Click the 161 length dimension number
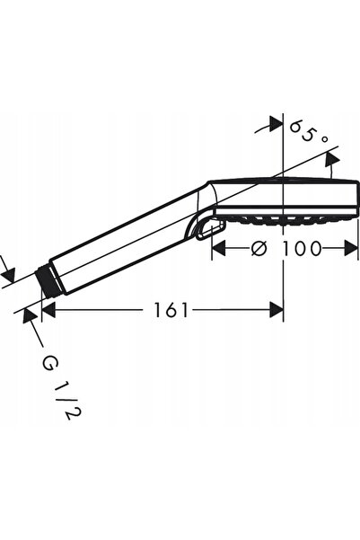pyautogui.click(x=171, y=310)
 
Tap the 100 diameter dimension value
pyautogui.click(x=302, y=248)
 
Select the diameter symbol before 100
pyautogui.click(x=259, y=248)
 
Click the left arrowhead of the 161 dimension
pyautogui.click(x=48, y=310)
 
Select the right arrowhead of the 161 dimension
pyautogui.click(x=277, y=310)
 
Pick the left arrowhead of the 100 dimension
pyautogui.click(x=218, y=248)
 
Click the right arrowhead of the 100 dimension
pyautogui.click(x=351, y=248)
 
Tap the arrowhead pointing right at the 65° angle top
pyautogui.click(x=276, y=124)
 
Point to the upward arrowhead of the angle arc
pyautogui.click(x=332, y=161)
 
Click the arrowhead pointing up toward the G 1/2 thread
pyautogui.click(x=30, y=315)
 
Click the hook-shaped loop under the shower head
pyautogui.click(x=211, y=230)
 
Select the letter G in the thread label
pyautogui.click(x=49, y=363)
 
